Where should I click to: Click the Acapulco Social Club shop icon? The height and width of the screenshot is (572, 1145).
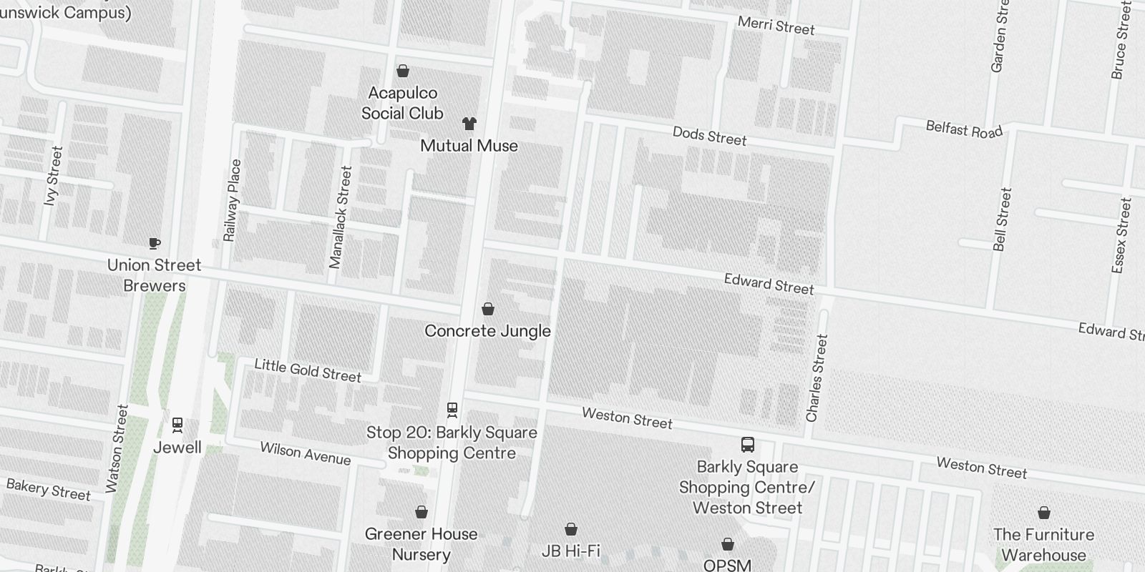coord(403,71)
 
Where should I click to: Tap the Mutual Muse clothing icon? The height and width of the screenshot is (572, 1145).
coord(469,124)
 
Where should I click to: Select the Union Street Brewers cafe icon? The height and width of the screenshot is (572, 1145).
coord(155,243)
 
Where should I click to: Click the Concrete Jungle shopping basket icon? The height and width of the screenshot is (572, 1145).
coord(488,309)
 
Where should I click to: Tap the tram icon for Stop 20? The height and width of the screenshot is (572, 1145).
coord(452,410)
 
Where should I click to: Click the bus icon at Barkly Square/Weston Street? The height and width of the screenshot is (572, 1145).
coord(747,445)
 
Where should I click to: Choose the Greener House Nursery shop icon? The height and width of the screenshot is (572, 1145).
coord(422,512)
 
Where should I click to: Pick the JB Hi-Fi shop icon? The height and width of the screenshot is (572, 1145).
coord(571,529)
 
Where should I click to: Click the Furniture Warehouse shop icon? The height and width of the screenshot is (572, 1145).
coord(1044,513)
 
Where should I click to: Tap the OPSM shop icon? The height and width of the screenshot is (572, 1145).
coord(728,544)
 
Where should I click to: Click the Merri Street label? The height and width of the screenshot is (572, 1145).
coord(776,26)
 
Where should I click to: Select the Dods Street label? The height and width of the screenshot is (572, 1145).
coord(709,136)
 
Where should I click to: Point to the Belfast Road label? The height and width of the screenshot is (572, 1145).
coord(964,129)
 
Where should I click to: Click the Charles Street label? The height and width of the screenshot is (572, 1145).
coord(817,378)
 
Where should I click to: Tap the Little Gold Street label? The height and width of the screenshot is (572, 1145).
coord(308,370)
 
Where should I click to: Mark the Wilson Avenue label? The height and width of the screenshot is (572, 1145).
coord(305,453)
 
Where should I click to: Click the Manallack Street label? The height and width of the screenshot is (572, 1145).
coord(341,217)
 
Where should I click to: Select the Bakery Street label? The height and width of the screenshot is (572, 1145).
coord(49,490)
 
